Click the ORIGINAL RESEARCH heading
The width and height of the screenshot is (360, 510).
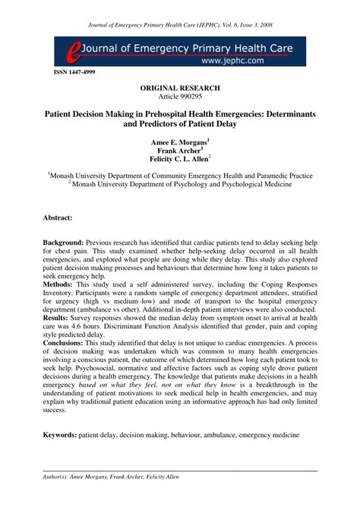point(180,88)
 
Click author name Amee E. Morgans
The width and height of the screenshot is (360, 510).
point(179,141)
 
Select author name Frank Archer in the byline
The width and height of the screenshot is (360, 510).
point(179,150)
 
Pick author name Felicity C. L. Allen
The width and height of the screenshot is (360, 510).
point(179,160)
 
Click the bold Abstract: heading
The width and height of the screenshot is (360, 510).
point(58,217)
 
